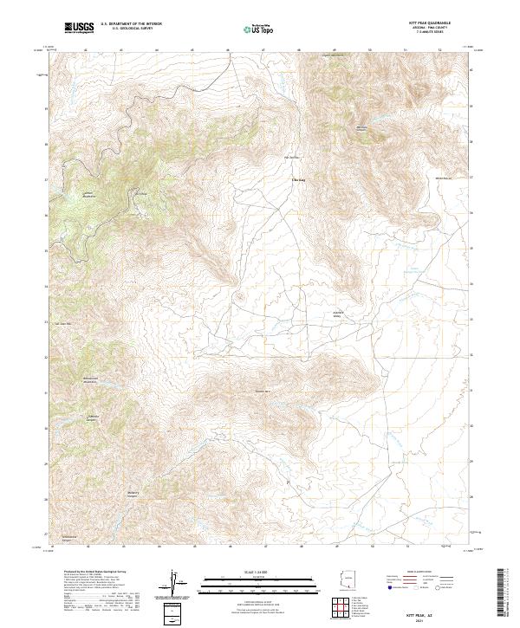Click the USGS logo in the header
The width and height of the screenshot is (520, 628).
[x=79, y=28]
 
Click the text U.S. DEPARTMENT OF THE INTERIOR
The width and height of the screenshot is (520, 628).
[x=131, y=23]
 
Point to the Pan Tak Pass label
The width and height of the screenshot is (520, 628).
[x=293, y=157]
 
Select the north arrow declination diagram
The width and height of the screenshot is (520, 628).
[x=173, y=582]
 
